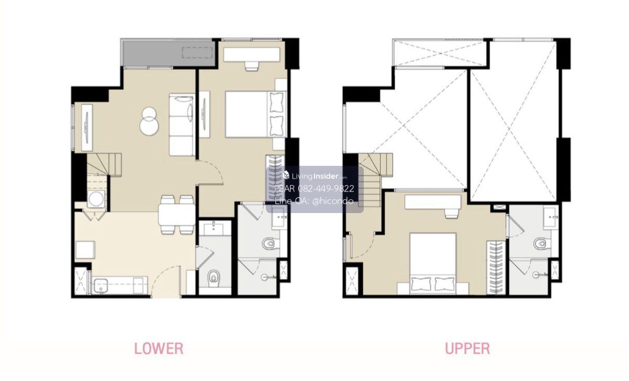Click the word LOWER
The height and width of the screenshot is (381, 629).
pyautogui.click(x=159, y=348)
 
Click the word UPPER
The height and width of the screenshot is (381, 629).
pyautogui.click(x=468, y=348)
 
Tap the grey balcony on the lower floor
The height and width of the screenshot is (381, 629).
pyautogui.click(x=168, y=54)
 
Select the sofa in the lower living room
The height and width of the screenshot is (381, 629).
pyautogui.click(x=182, y=124)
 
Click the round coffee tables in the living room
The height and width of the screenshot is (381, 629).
pyautogui.click(x=149, y=121)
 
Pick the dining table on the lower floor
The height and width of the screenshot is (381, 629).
pyautogui.click(x=176, y=215)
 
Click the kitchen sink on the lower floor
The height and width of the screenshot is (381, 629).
pyautogui.click(x=100, y=286)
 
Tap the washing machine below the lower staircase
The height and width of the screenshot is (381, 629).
pyautogui.click(x=96, y=199)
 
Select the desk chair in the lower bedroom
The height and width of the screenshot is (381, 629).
pyautogui.click(x=251, y=66)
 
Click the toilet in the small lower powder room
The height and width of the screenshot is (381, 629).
pyautogui.click(x=214, y=278)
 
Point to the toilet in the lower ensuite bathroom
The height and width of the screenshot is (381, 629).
pyautogui.click(x=270, y=243)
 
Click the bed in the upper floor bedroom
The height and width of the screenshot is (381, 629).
pyautogui.click(x=433, y=263)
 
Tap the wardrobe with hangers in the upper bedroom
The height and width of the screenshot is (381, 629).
pyautogui.click(x=496, y=268)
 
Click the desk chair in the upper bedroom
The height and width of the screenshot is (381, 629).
pyautogui.click(x=452, y=213)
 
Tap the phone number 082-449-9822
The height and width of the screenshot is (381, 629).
pyautogui.click(x=326, y=189)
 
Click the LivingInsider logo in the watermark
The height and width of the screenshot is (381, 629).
pyautogui.click(x=315, y=176)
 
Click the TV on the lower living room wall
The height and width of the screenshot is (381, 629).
pyautogui.click(x=87, y=128)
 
